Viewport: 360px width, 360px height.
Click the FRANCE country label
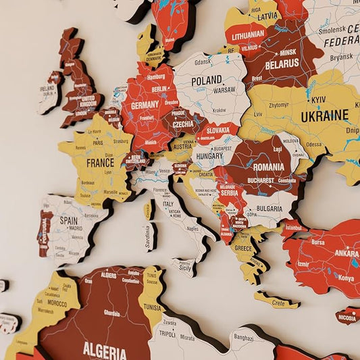tap(100, 163)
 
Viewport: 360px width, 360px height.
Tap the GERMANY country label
tap(145, 105)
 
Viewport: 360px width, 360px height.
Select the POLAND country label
tap(207, 80)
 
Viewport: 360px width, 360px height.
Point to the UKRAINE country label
tap(325, 115)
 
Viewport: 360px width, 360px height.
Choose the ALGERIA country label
tap(105, 351)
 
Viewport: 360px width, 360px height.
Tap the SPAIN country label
tap(69, 220)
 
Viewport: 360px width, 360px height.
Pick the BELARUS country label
tap(282, 63)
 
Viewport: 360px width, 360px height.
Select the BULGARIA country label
tap(269, 209)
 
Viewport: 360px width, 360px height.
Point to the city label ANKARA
tap(346, 254)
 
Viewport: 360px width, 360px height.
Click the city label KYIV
tap(318, 100)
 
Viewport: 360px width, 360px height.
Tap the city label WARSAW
tap(224, 89)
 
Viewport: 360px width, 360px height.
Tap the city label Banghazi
tap(243, 336)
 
